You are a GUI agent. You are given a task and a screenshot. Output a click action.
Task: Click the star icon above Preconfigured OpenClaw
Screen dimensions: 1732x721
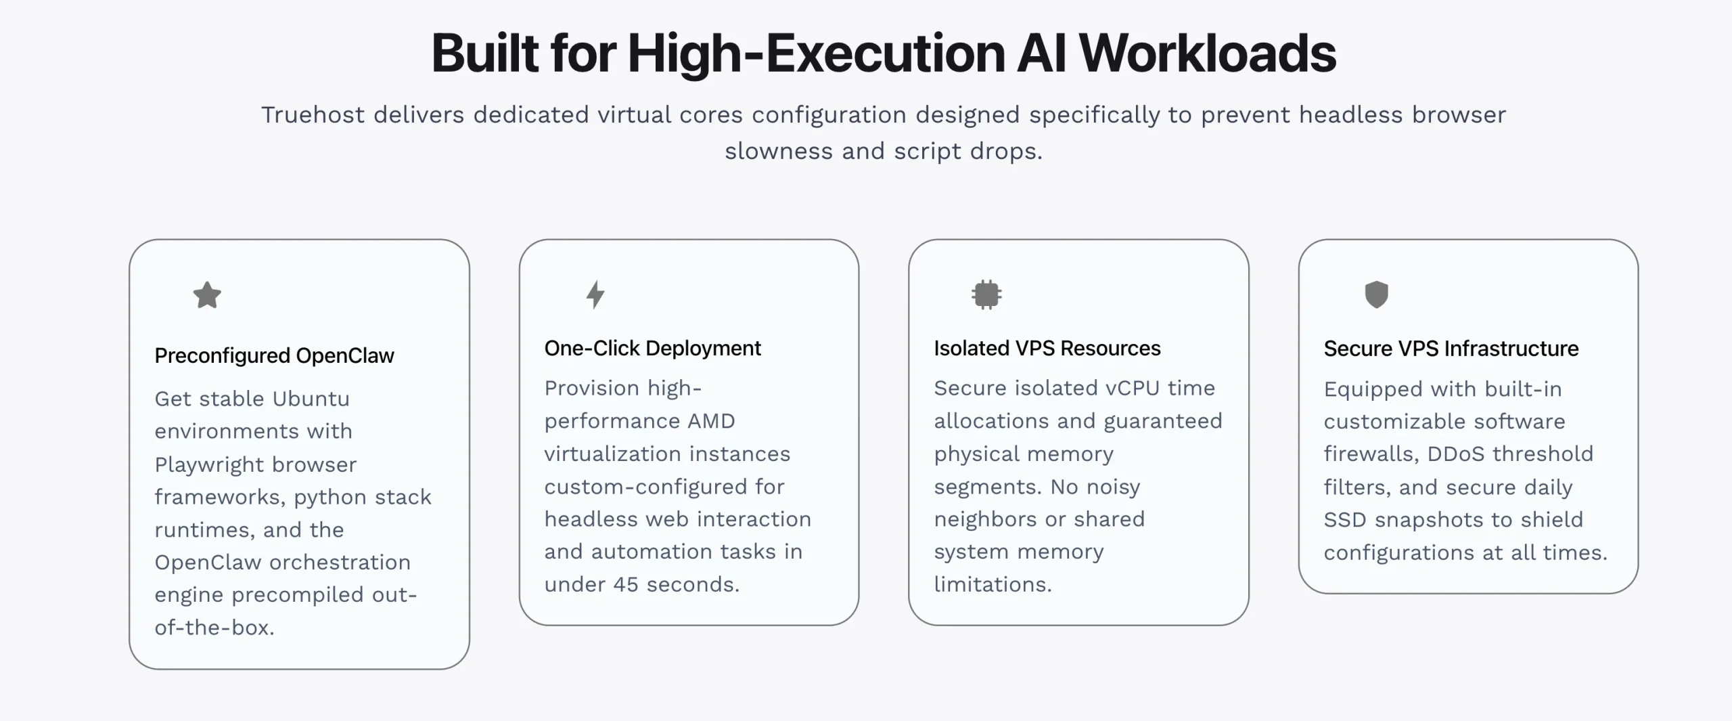tap(207, 295)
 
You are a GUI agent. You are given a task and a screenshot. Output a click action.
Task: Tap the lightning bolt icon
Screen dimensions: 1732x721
tap(595, 294)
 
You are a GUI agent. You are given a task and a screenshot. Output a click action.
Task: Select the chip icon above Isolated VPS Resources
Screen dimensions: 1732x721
tap(986, 294)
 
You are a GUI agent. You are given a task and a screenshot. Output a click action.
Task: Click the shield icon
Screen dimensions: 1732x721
tap(1376, 294)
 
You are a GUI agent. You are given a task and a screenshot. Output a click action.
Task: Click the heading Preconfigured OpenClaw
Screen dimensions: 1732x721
tap(274, 355)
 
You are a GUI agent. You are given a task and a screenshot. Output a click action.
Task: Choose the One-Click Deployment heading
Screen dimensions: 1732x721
tap(652, 348)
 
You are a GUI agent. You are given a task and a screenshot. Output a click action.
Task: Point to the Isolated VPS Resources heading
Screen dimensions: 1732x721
tap(1047, 348)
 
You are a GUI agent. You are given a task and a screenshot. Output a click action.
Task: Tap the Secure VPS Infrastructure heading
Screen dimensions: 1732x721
tap(1451, 349)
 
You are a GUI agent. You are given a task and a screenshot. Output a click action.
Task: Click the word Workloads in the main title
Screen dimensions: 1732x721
tap(1207, 53)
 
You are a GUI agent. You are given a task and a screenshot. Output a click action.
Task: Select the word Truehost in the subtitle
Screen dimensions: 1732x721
tap(313, 114)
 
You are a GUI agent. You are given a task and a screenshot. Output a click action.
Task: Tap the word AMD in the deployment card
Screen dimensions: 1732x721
tap(711, 421)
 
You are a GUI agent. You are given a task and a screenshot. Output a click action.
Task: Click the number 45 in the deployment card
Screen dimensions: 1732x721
tap(626, 584)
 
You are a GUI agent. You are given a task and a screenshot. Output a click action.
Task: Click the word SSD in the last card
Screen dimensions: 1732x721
tap(1345, 519)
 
